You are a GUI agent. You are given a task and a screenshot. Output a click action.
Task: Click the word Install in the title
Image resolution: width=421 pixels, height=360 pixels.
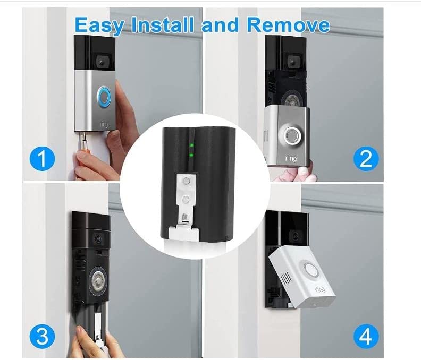[163, 24]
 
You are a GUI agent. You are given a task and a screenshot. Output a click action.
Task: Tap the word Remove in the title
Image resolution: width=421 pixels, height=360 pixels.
[288, 24]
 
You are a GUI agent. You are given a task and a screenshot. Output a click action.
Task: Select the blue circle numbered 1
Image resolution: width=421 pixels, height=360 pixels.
[42, 159]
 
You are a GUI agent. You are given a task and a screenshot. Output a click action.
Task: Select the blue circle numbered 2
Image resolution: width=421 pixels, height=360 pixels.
[366, 159]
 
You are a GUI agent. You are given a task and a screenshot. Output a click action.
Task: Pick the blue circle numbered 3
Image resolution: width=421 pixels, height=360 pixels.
[42, 337]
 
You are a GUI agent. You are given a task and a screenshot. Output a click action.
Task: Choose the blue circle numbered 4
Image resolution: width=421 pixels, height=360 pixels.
[366, 337]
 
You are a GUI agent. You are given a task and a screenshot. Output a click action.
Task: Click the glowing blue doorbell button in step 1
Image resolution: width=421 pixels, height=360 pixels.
[104, 97]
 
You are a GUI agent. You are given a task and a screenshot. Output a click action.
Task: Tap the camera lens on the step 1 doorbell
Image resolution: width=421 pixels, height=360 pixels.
[101, 63]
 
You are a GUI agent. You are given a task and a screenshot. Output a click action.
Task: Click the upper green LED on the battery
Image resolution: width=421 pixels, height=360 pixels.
[192, 145]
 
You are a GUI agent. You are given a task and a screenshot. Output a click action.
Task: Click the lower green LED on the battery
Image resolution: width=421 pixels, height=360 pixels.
[192, 155]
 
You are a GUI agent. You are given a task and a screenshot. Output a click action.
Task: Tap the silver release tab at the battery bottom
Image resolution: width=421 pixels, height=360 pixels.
[184, 233]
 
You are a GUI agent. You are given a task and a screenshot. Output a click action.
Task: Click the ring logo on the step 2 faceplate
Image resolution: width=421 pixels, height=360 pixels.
[291, 159]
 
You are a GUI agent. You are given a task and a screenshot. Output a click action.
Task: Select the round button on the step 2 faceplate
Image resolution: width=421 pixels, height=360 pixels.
[291, 136]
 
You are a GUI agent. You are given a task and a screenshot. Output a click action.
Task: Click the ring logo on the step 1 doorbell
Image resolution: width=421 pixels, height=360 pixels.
[104, 124]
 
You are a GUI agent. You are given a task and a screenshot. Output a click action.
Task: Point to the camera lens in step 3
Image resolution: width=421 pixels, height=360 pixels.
[97, 238]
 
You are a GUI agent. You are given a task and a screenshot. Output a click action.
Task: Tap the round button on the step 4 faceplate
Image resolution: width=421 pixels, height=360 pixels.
[311, 270]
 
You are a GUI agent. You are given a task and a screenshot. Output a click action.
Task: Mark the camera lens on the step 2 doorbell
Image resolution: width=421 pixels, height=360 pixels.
[292, 62]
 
